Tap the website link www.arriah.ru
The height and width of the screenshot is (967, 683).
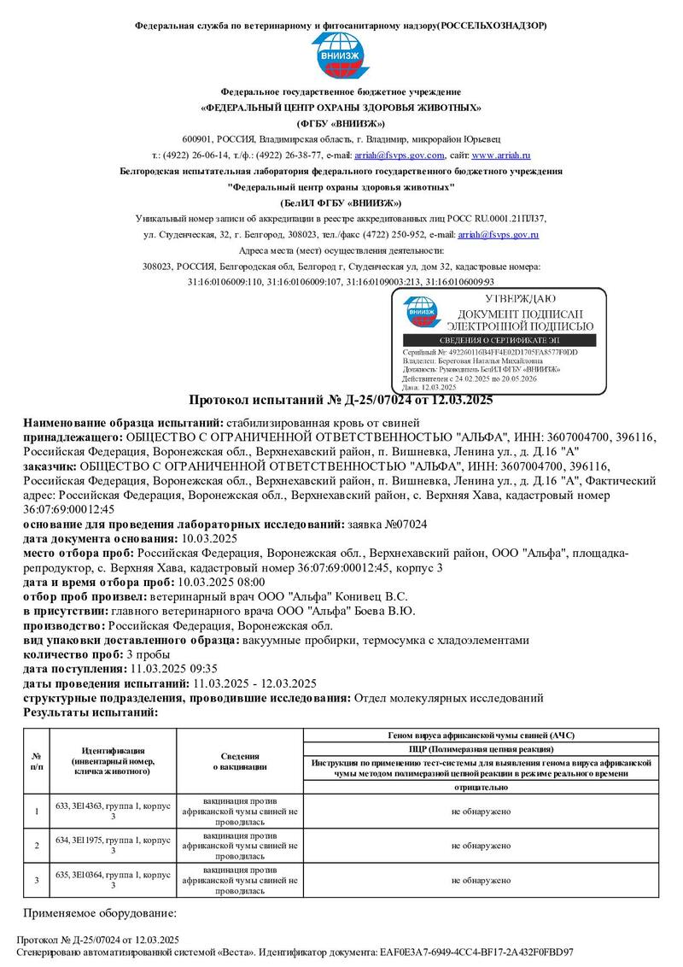coord(501,155)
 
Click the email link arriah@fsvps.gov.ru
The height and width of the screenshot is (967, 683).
coord(498,233)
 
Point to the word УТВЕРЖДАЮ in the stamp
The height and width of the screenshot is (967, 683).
coord(520,299)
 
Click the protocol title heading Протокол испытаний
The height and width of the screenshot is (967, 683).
coord(341,400)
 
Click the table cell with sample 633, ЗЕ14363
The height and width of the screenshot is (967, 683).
coord(113,811)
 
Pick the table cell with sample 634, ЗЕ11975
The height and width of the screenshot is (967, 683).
coord(113,845)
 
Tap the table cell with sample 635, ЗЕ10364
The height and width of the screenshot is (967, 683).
coord(113,879)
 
